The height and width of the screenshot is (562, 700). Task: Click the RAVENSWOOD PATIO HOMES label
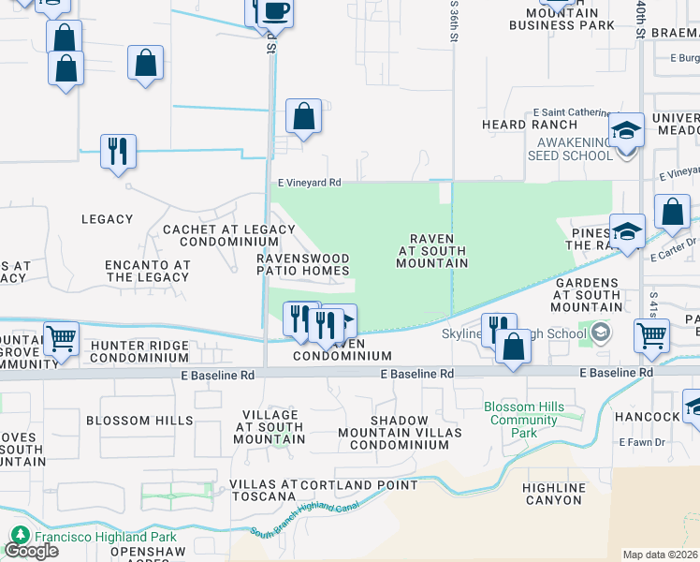(x=303, y=264)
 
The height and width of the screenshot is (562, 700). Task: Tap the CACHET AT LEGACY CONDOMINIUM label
(x=229, y=235)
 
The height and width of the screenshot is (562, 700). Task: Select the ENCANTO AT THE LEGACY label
(x=148, y=271)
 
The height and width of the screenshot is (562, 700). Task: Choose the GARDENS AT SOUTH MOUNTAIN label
(x=587, y=294)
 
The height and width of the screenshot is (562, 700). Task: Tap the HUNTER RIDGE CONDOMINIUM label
(x=140, y=350)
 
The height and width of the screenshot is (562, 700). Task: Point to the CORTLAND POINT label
(x=359, y=485)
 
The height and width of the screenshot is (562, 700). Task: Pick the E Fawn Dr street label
(x=640, y=441)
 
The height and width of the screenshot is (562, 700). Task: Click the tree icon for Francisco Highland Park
(x=20, y=537)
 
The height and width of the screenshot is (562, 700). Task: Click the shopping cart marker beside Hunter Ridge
(x=61, y=337)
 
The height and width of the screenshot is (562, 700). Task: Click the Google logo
(x=31, y=551)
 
